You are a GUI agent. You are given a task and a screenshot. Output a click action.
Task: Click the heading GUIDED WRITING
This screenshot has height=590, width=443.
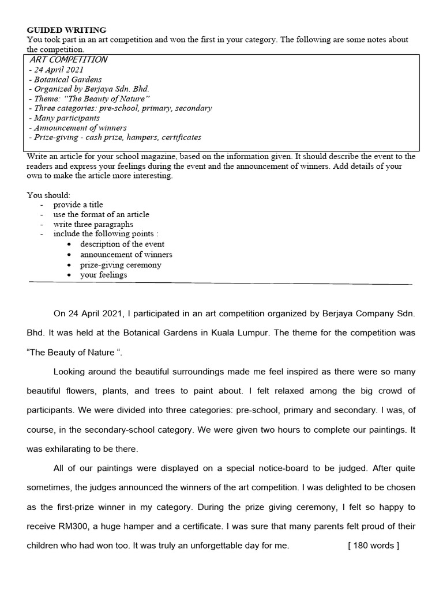tap(66, 31)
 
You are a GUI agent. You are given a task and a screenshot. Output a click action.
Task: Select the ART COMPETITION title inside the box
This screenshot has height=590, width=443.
tap(69, 59)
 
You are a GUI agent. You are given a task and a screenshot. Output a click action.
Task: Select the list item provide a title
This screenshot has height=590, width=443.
tap(78, 205)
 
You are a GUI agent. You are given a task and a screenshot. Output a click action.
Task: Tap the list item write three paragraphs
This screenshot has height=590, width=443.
tap(93, 224)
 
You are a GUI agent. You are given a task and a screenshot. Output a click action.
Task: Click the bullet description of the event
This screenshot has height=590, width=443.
tap(122, 244)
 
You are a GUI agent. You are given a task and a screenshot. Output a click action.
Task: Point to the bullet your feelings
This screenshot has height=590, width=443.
tap(104, 275)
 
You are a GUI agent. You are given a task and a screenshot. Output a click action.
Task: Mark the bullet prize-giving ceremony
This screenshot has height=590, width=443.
tap(121, 265)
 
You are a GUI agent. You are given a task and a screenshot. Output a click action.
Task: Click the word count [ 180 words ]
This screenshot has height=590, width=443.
tap(373, 546)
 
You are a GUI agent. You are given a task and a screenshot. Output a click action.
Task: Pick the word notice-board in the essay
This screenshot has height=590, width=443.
tap(254, 468)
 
